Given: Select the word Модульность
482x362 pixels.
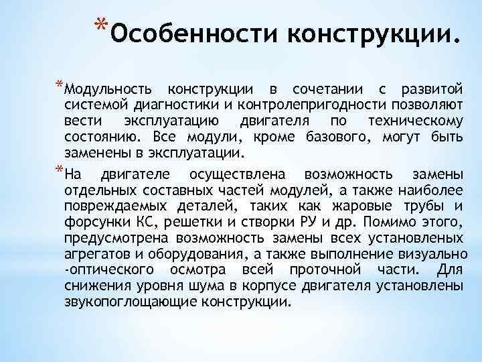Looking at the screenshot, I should point(108,89).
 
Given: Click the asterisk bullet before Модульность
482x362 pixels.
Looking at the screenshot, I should point(60,85).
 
